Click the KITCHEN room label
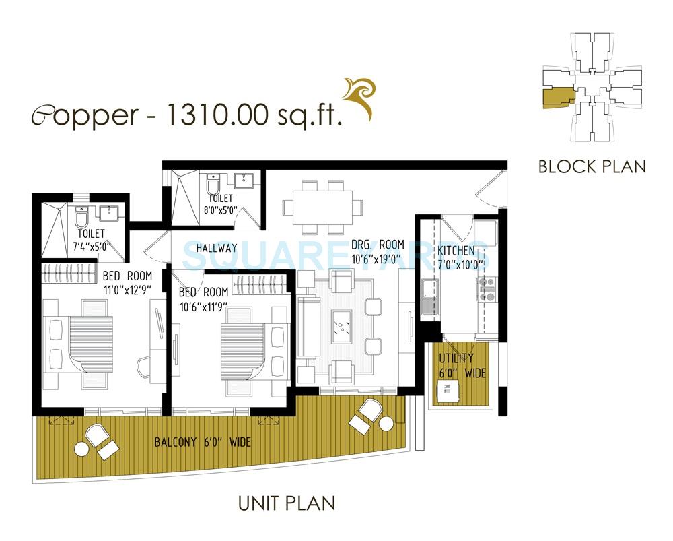click(456, 251)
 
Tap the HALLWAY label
click(216, 248)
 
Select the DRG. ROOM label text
click(378, 245)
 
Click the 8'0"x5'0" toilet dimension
click(221, 210)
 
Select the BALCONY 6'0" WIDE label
click(203, 443)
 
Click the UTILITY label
click(456, 358)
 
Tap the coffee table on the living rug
click(342, 327)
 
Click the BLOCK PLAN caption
click(592, 166)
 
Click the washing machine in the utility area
click(446, 389)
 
